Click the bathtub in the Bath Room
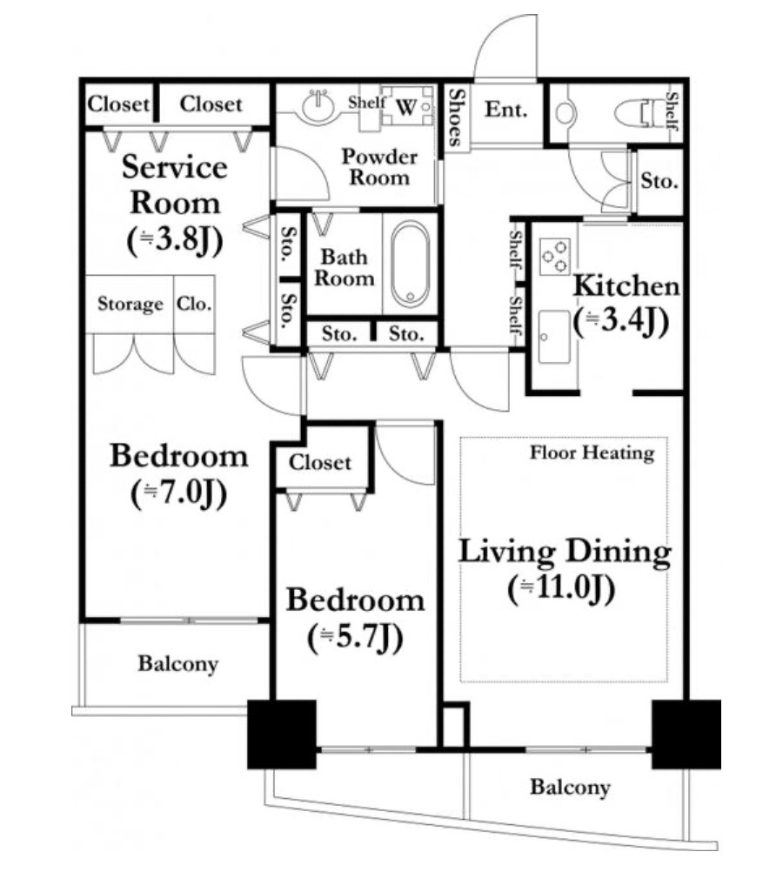pos(410,264)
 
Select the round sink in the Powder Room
pos(318,104)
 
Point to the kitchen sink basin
pos(554,337)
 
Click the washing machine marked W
pos(407,105)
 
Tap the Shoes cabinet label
pos(456,117)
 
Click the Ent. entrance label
pos(505,110)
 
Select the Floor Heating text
pos(592,453)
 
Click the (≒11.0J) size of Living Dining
pos(561,589)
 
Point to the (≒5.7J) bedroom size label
pos(355,638)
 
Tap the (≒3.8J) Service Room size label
pos(175,241)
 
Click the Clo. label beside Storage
pos(194,304)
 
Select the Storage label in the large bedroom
pos(130,305)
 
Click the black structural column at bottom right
pos(686,734)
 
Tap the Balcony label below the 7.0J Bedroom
pos(178,663)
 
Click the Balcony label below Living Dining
pos(570,787)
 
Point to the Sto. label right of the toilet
pos(659,181)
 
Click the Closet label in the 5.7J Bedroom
pos(320,462)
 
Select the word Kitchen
pos(626,285)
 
